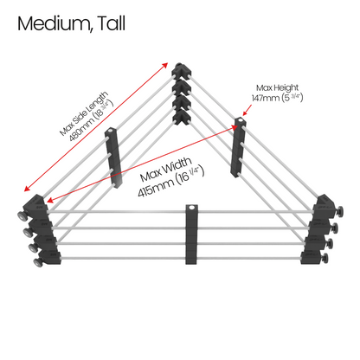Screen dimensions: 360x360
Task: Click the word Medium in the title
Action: coord(55,23)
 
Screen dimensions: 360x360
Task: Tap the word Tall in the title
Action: coord(112,23)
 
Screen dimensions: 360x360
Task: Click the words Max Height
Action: coord(277,87)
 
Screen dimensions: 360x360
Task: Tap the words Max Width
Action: coord(166,170)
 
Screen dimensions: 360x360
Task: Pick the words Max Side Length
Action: coord(84,113)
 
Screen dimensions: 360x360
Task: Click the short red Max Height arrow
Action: coord(247,110)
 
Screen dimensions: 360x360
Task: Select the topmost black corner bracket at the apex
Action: coord(182,71)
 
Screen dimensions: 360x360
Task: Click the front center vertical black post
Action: coord(191,235)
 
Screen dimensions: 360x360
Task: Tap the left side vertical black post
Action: coord(112,157)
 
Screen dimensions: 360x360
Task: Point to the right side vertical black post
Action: coord(238,147)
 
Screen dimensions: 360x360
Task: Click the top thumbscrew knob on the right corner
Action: coord(340,212)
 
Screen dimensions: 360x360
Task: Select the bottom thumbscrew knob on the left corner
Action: coord(38,262)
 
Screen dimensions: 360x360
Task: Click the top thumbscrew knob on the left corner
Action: coord(22,215)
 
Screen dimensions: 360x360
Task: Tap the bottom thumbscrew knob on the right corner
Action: coord(325,258)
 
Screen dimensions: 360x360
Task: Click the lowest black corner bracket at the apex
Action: coord(181,118)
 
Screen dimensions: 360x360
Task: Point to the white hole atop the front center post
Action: coord(191,208)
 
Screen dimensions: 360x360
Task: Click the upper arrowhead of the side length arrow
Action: coord(165,65)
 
